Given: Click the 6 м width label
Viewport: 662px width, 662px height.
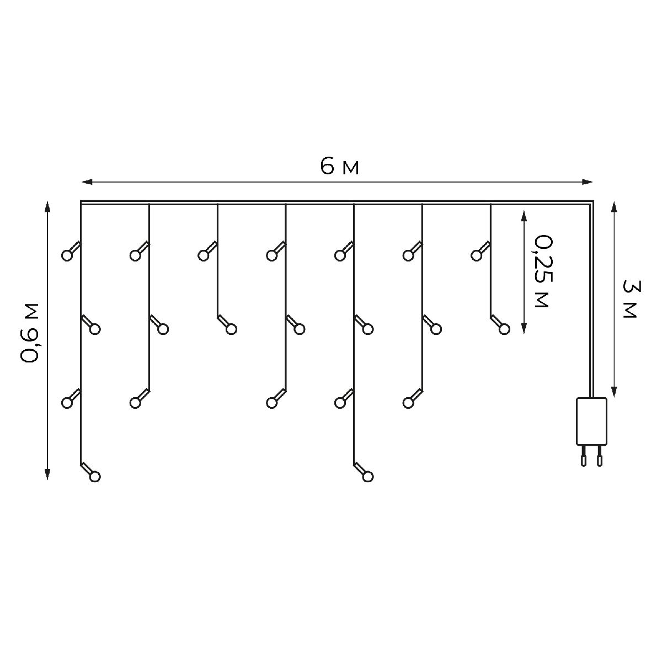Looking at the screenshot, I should tap(339, 166).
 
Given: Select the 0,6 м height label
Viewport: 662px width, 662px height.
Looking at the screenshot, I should tap(30, 333).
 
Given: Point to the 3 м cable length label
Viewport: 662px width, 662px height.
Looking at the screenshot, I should tap(629, 298).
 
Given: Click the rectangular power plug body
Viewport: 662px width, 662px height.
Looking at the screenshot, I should tap(591, 421).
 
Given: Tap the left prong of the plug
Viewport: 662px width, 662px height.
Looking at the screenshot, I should tap(583, 457).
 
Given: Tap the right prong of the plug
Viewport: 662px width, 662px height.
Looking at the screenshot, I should tap(599, 457).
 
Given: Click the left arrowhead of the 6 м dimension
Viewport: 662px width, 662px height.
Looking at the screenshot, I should tap(86, 181).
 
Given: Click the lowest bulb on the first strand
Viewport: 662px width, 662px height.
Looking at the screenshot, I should tap(95, 476).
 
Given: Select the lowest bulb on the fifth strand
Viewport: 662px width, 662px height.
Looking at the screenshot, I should tap(367, 476).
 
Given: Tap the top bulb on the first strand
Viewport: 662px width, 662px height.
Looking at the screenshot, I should tap(67, 255).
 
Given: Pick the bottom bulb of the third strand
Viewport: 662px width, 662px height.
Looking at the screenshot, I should tap(231, 329).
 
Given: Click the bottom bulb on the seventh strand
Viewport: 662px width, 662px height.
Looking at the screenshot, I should tap(504, 329).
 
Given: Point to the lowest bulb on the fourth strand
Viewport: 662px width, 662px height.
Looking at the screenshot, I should tap(271, 403).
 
